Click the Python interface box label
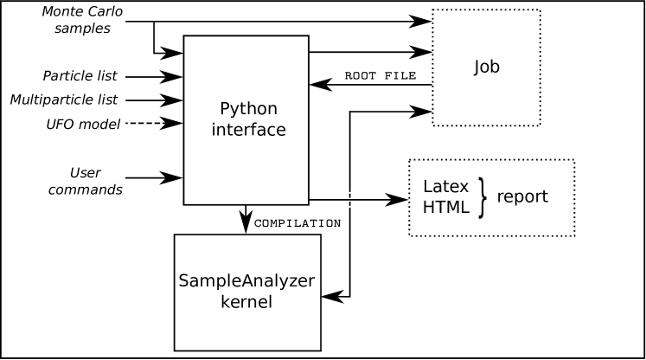point(248,119)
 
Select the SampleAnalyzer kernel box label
point(246,291)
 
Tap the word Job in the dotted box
point(487,67)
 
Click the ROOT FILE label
point(381,75)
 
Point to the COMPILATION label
point(297,223)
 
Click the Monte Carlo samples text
point(82,20)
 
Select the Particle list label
point(80,76)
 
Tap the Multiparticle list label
point(64,100)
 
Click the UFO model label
point(83,124)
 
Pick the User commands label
point(86,181)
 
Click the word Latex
point(445,187)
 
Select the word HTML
point(445,207)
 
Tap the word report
point(522,196)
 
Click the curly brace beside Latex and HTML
point(482,197)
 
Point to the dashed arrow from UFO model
point(154,123)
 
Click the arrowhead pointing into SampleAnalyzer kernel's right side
point(332,296)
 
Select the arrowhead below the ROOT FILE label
point(321,85)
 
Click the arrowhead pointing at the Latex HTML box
point(396,200)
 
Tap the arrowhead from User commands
point(171,178)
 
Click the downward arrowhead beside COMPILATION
point(246,222)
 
